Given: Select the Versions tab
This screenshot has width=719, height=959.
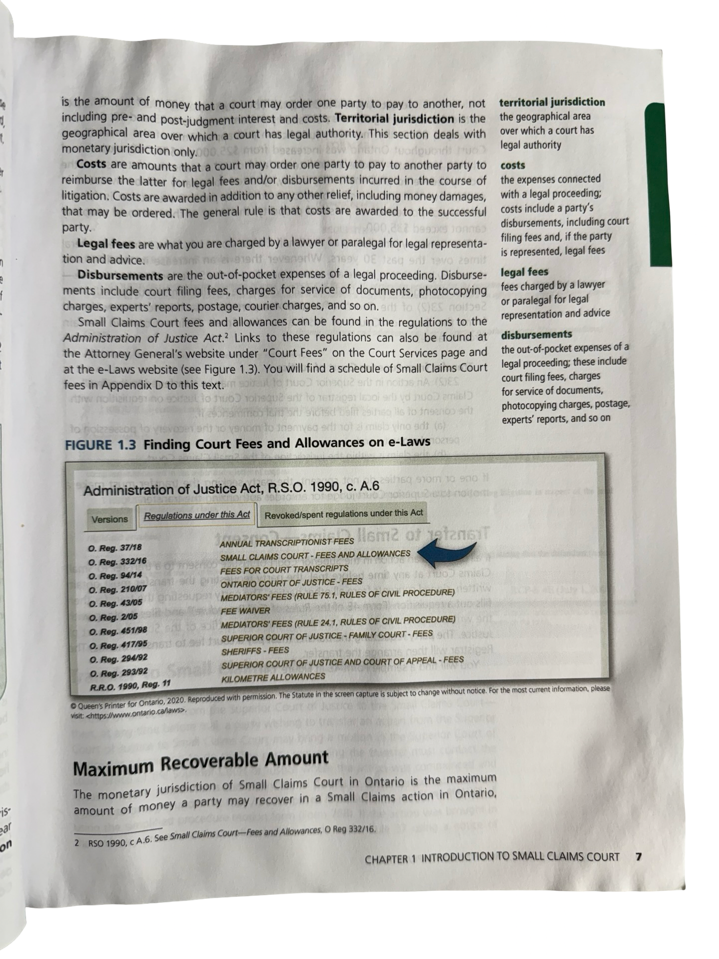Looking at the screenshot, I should [x=110, y=519].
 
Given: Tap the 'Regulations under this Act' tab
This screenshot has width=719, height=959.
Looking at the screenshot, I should [x=197, y=515].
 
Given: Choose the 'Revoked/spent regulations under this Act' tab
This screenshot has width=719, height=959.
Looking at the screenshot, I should [x=344, y=513].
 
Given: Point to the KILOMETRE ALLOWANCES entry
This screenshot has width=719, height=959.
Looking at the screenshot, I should [x=273, y=677].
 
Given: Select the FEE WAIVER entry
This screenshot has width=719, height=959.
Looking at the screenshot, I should [x=245, y=610].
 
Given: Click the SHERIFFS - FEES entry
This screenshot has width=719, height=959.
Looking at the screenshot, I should [x=255, y=651].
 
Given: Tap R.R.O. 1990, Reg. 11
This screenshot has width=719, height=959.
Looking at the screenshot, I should [x=130, y=685].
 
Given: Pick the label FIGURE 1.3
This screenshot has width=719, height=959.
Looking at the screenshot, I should [x=100, y=445].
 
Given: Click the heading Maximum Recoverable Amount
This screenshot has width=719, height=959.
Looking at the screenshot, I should [x=201, y=763].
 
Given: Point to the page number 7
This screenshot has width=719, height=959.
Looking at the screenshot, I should [x=638, y=857].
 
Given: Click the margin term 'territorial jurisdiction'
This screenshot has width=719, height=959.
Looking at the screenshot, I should [x=552, y=102].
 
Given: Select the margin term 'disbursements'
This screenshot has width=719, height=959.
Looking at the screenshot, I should [x=536, y=334].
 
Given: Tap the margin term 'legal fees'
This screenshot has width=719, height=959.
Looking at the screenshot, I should [x=524, y=272].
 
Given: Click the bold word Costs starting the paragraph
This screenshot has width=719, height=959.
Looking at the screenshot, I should [x=91, y=164].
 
